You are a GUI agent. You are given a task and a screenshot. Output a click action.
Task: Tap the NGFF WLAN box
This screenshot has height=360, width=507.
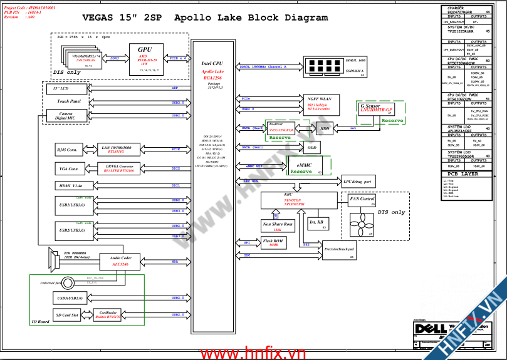coord(319,101)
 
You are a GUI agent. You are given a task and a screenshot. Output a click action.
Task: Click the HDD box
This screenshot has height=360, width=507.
coord(324,128)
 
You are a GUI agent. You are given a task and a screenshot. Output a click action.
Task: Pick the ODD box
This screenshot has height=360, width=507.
coord(311,148)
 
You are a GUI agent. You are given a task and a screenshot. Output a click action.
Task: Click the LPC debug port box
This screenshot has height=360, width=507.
coord(358,182)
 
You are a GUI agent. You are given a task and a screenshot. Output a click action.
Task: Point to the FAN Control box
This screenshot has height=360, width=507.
coord(362,200)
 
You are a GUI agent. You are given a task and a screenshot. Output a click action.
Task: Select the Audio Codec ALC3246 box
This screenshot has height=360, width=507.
coord(120,261)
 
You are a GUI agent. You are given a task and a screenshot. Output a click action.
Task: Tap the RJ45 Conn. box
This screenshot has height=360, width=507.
coord(66,150)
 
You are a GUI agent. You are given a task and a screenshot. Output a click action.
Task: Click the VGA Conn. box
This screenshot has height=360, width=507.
coord(66,168)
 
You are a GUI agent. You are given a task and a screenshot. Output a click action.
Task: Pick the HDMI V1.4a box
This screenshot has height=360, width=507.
coord(66,185)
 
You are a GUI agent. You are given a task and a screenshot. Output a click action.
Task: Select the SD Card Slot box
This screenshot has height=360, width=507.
coord(66,315)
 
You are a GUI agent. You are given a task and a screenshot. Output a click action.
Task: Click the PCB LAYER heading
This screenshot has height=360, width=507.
coord(464,174)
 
